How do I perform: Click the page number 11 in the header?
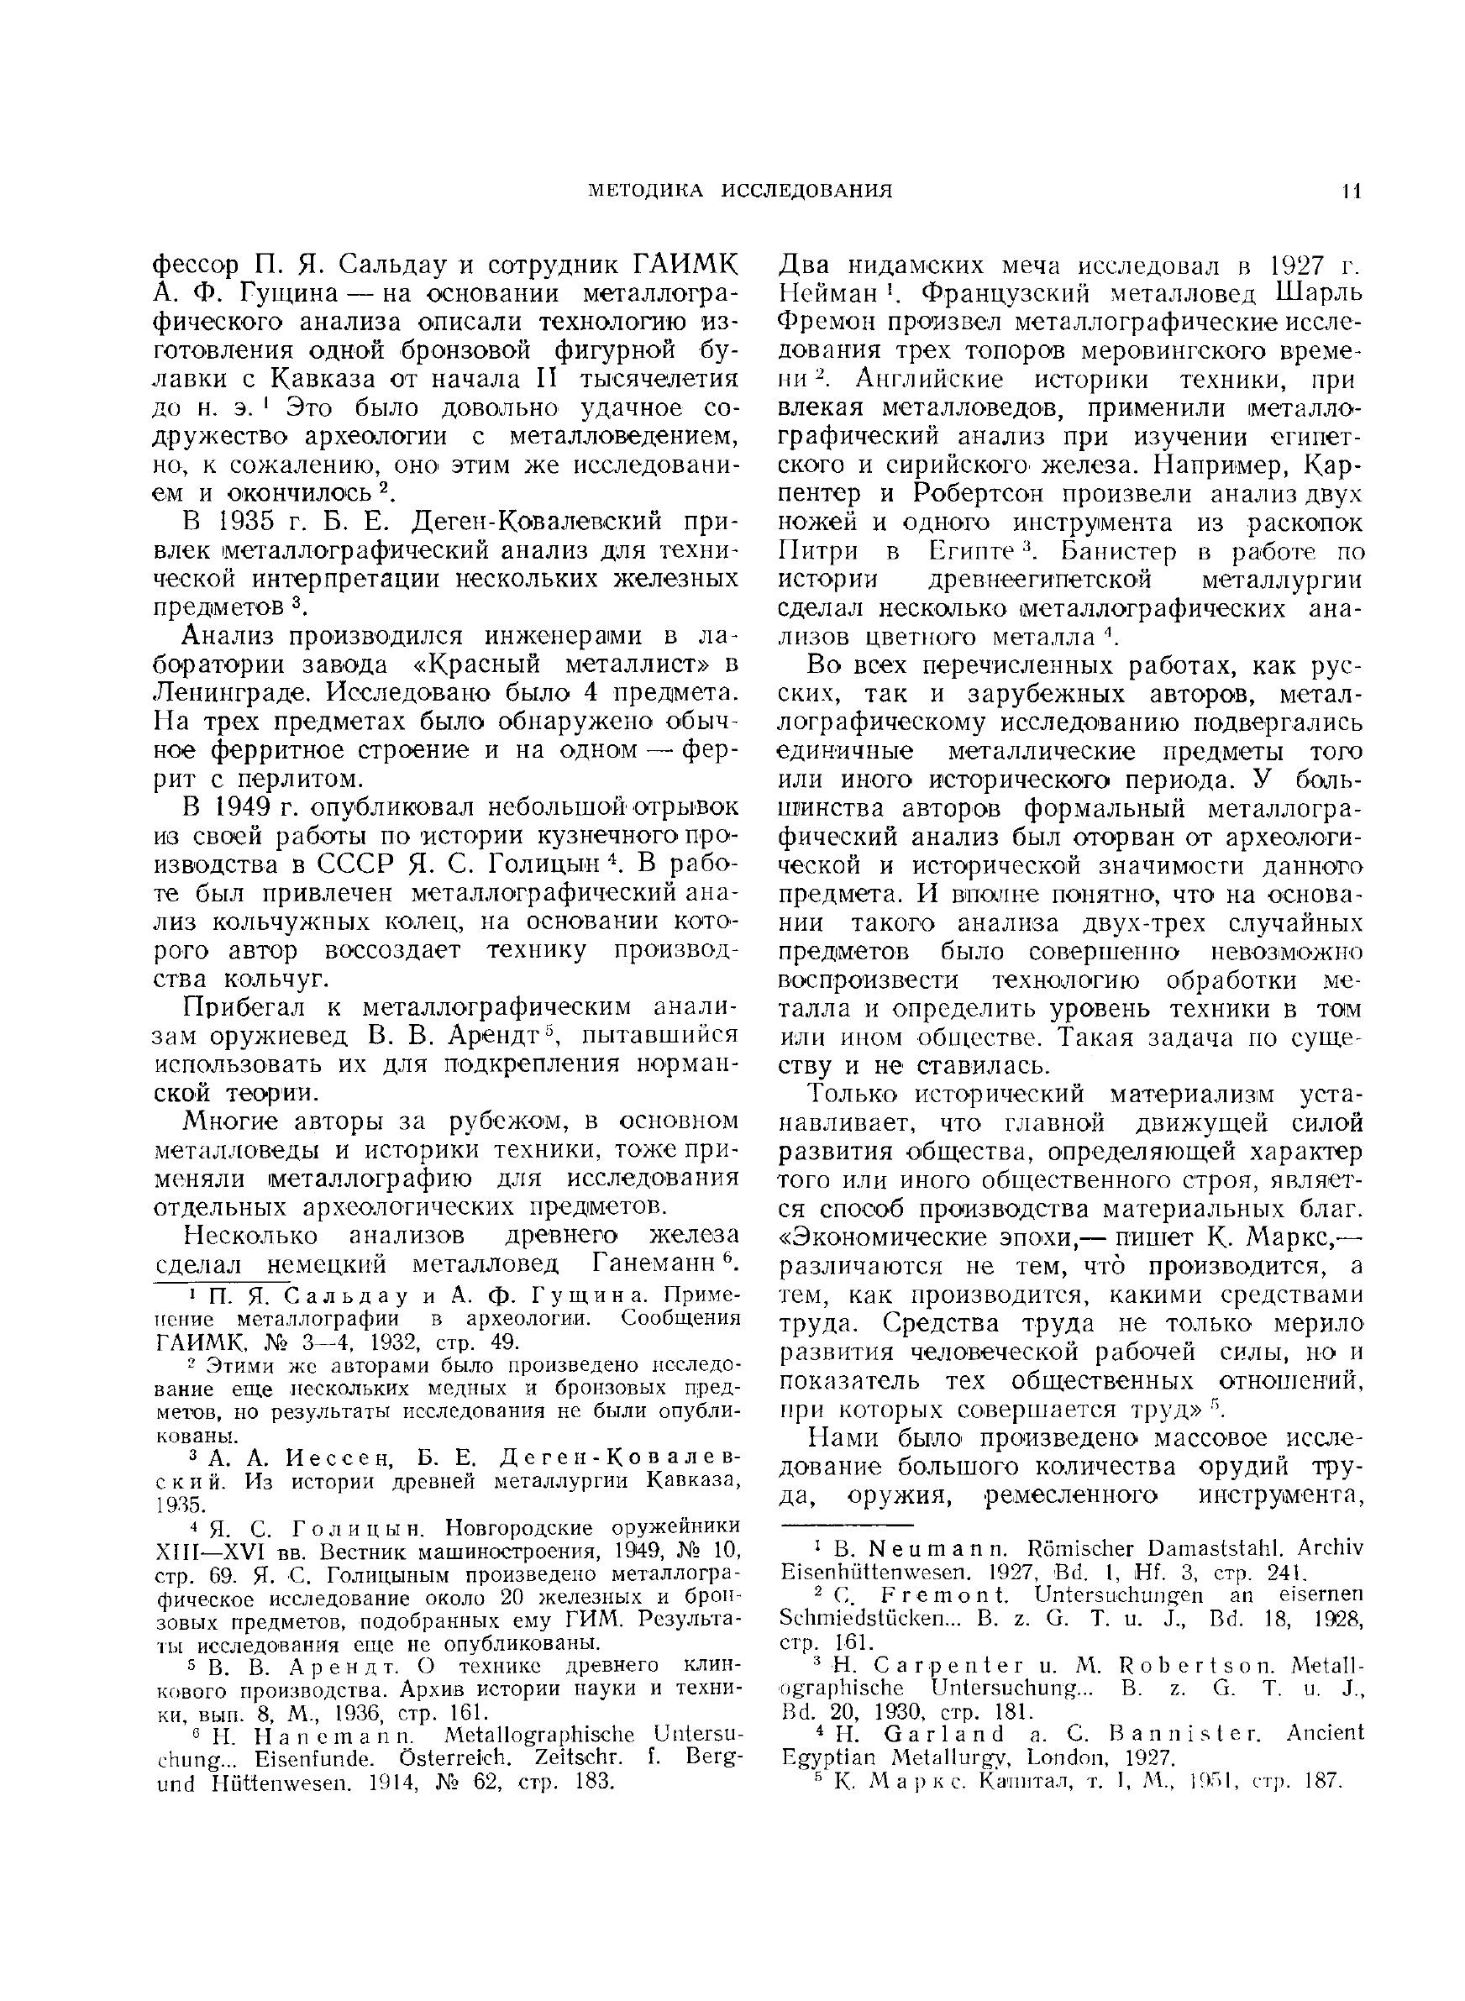click(x=1352, y=191)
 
